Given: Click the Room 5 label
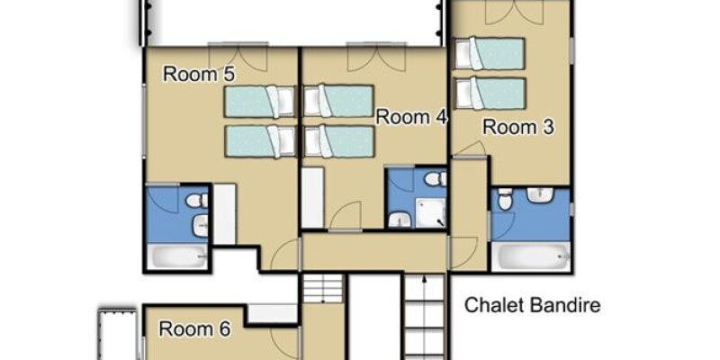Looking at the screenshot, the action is (199, 74).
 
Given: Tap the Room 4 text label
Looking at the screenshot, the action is (411, 117).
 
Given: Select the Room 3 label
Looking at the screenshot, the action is (518, 127).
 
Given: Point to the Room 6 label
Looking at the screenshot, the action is (194, 328).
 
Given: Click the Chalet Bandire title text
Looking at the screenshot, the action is (532, 305).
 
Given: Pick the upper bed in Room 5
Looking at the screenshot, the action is (260, 101).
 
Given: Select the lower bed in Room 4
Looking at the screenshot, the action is (339, 140).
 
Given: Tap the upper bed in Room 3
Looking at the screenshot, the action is (489, 53).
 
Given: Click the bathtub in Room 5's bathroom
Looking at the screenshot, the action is (177, 256).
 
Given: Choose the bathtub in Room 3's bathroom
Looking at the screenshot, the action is (531, 256).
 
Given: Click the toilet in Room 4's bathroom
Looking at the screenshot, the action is (436, 178).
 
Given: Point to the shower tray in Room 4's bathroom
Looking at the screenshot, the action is (431, 212).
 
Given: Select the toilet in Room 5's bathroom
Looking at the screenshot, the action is (197, 200).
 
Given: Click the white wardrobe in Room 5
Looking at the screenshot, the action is (225, 214).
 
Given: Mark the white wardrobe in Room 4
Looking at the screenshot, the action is (312, 197).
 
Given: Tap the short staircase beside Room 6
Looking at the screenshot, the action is (323, 288).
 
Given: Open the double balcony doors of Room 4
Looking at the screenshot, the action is (376, 58).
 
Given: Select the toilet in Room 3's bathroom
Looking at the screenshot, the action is (505, 199).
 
